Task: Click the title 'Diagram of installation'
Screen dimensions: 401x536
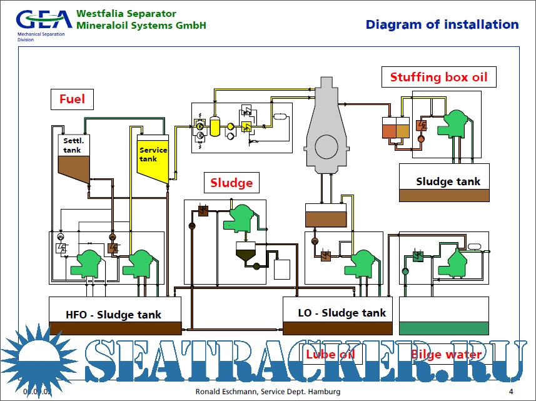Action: click(x=442, y=25)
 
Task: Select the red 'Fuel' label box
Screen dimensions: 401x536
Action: click(x=72, y=99)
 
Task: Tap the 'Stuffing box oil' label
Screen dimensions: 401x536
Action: click(x=438, y=78)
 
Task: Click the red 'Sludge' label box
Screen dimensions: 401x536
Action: click(x=231, y=183)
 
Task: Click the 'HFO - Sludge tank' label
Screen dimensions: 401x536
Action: click(x=113, y=315)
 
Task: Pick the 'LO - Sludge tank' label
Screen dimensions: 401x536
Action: click(x=341, y=313)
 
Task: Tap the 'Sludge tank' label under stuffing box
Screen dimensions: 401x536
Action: click(x=448, y=181)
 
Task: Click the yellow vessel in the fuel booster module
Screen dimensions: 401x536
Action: click(x=216, y=127)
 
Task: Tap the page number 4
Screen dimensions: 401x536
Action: click(x=511, y=392)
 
